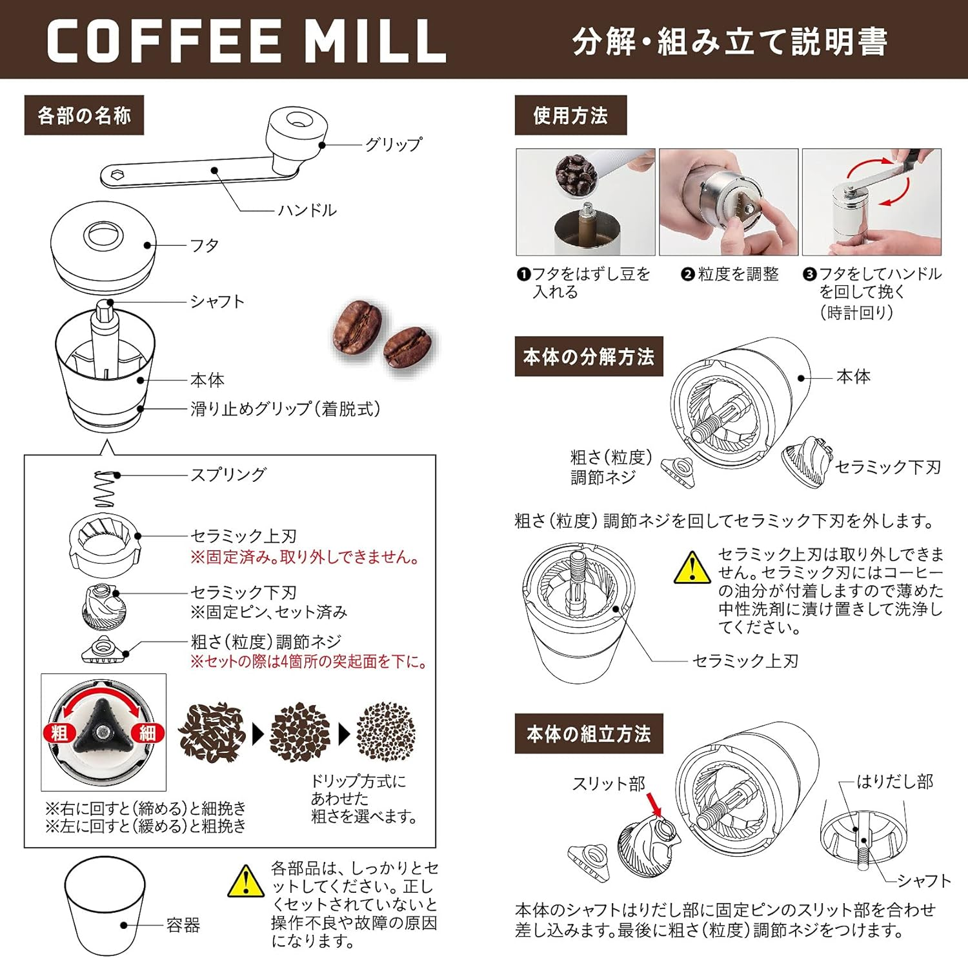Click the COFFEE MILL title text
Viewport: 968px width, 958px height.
[x=247, y=41]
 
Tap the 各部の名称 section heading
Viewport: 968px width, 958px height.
[x=84, y=115]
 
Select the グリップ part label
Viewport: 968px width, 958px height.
[x=393, y=144]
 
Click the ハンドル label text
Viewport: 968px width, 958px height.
[x=307, y=210]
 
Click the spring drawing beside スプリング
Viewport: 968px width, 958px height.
[x=105, y=489]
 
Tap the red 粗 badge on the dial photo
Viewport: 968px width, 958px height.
[x=59, y=732]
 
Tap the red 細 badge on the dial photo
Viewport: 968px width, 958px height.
[x=147, y=732]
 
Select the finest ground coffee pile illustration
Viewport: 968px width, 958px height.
[x=386, y=732]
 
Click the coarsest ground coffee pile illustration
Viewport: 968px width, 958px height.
[x=212, y=732]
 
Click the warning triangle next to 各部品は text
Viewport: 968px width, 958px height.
[x=246, y=882]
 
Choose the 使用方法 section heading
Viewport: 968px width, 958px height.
[x=570, y=115]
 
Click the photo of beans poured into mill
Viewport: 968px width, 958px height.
[x=585, y=202]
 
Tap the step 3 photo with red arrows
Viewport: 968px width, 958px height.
[x=871, y=202]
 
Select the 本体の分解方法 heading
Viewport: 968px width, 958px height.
[x=589, y=356]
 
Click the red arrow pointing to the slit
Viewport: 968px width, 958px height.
[x=653, y=805]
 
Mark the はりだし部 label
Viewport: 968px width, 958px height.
[x=894, y=782]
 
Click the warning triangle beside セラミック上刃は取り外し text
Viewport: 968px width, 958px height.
[x=692, y=568]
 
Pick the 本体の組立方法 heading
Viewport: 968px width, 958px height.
[x=589, y=733]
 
